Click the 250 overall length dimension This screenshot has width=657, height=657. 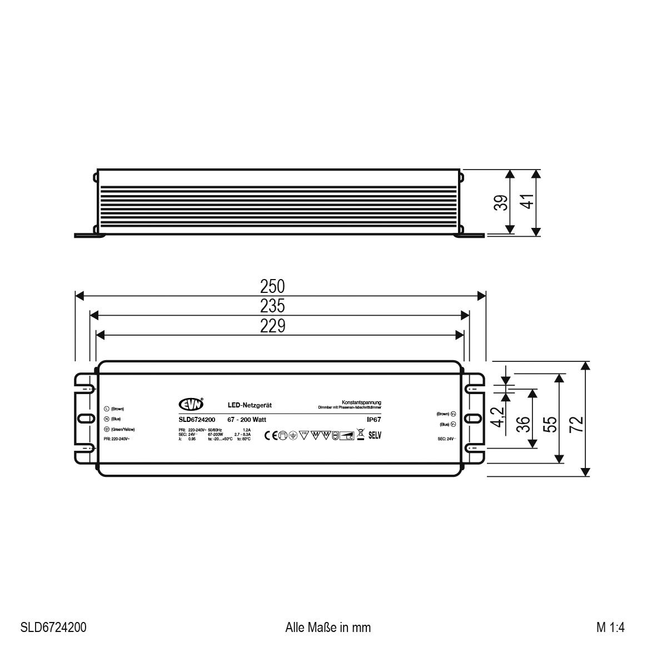(272, 287)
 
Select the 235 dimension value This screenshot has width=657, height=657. (272, 306)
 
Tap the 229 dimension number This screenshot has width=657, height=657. (272, 326)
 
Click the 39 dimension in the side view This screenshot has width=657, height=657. (501, 203)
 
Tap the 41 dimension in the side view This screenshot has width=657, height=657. (529, 201)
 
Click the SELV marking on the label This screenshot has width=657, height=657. (375, 435)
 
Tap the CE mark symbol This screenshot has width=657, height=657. (271, 435)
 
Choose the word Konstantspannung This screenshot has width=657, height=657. (361, 402)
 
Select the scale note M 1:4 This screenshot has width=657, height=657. (610, 628)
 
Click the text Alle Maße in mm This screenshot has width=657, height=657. (328, 628)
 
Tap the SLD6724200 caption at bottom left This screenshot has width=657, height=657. (53, 628)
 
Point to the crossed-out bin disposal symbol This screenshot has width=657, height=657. (360, 435)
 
